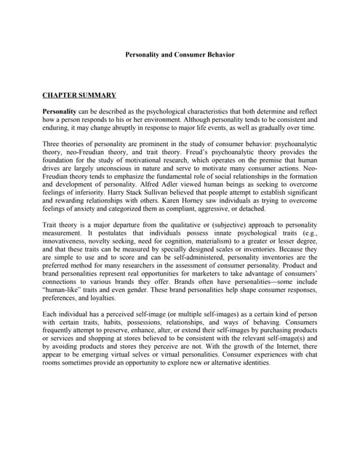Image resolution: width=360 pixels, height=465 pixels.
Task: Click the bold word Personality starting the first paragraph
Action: (x=62, y=111)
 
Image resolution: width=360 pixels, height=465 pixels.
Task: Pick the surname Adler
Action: (x=169, y=186)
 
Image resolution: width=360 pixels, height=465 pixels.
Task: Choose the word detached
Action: (x=257, y=211)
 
